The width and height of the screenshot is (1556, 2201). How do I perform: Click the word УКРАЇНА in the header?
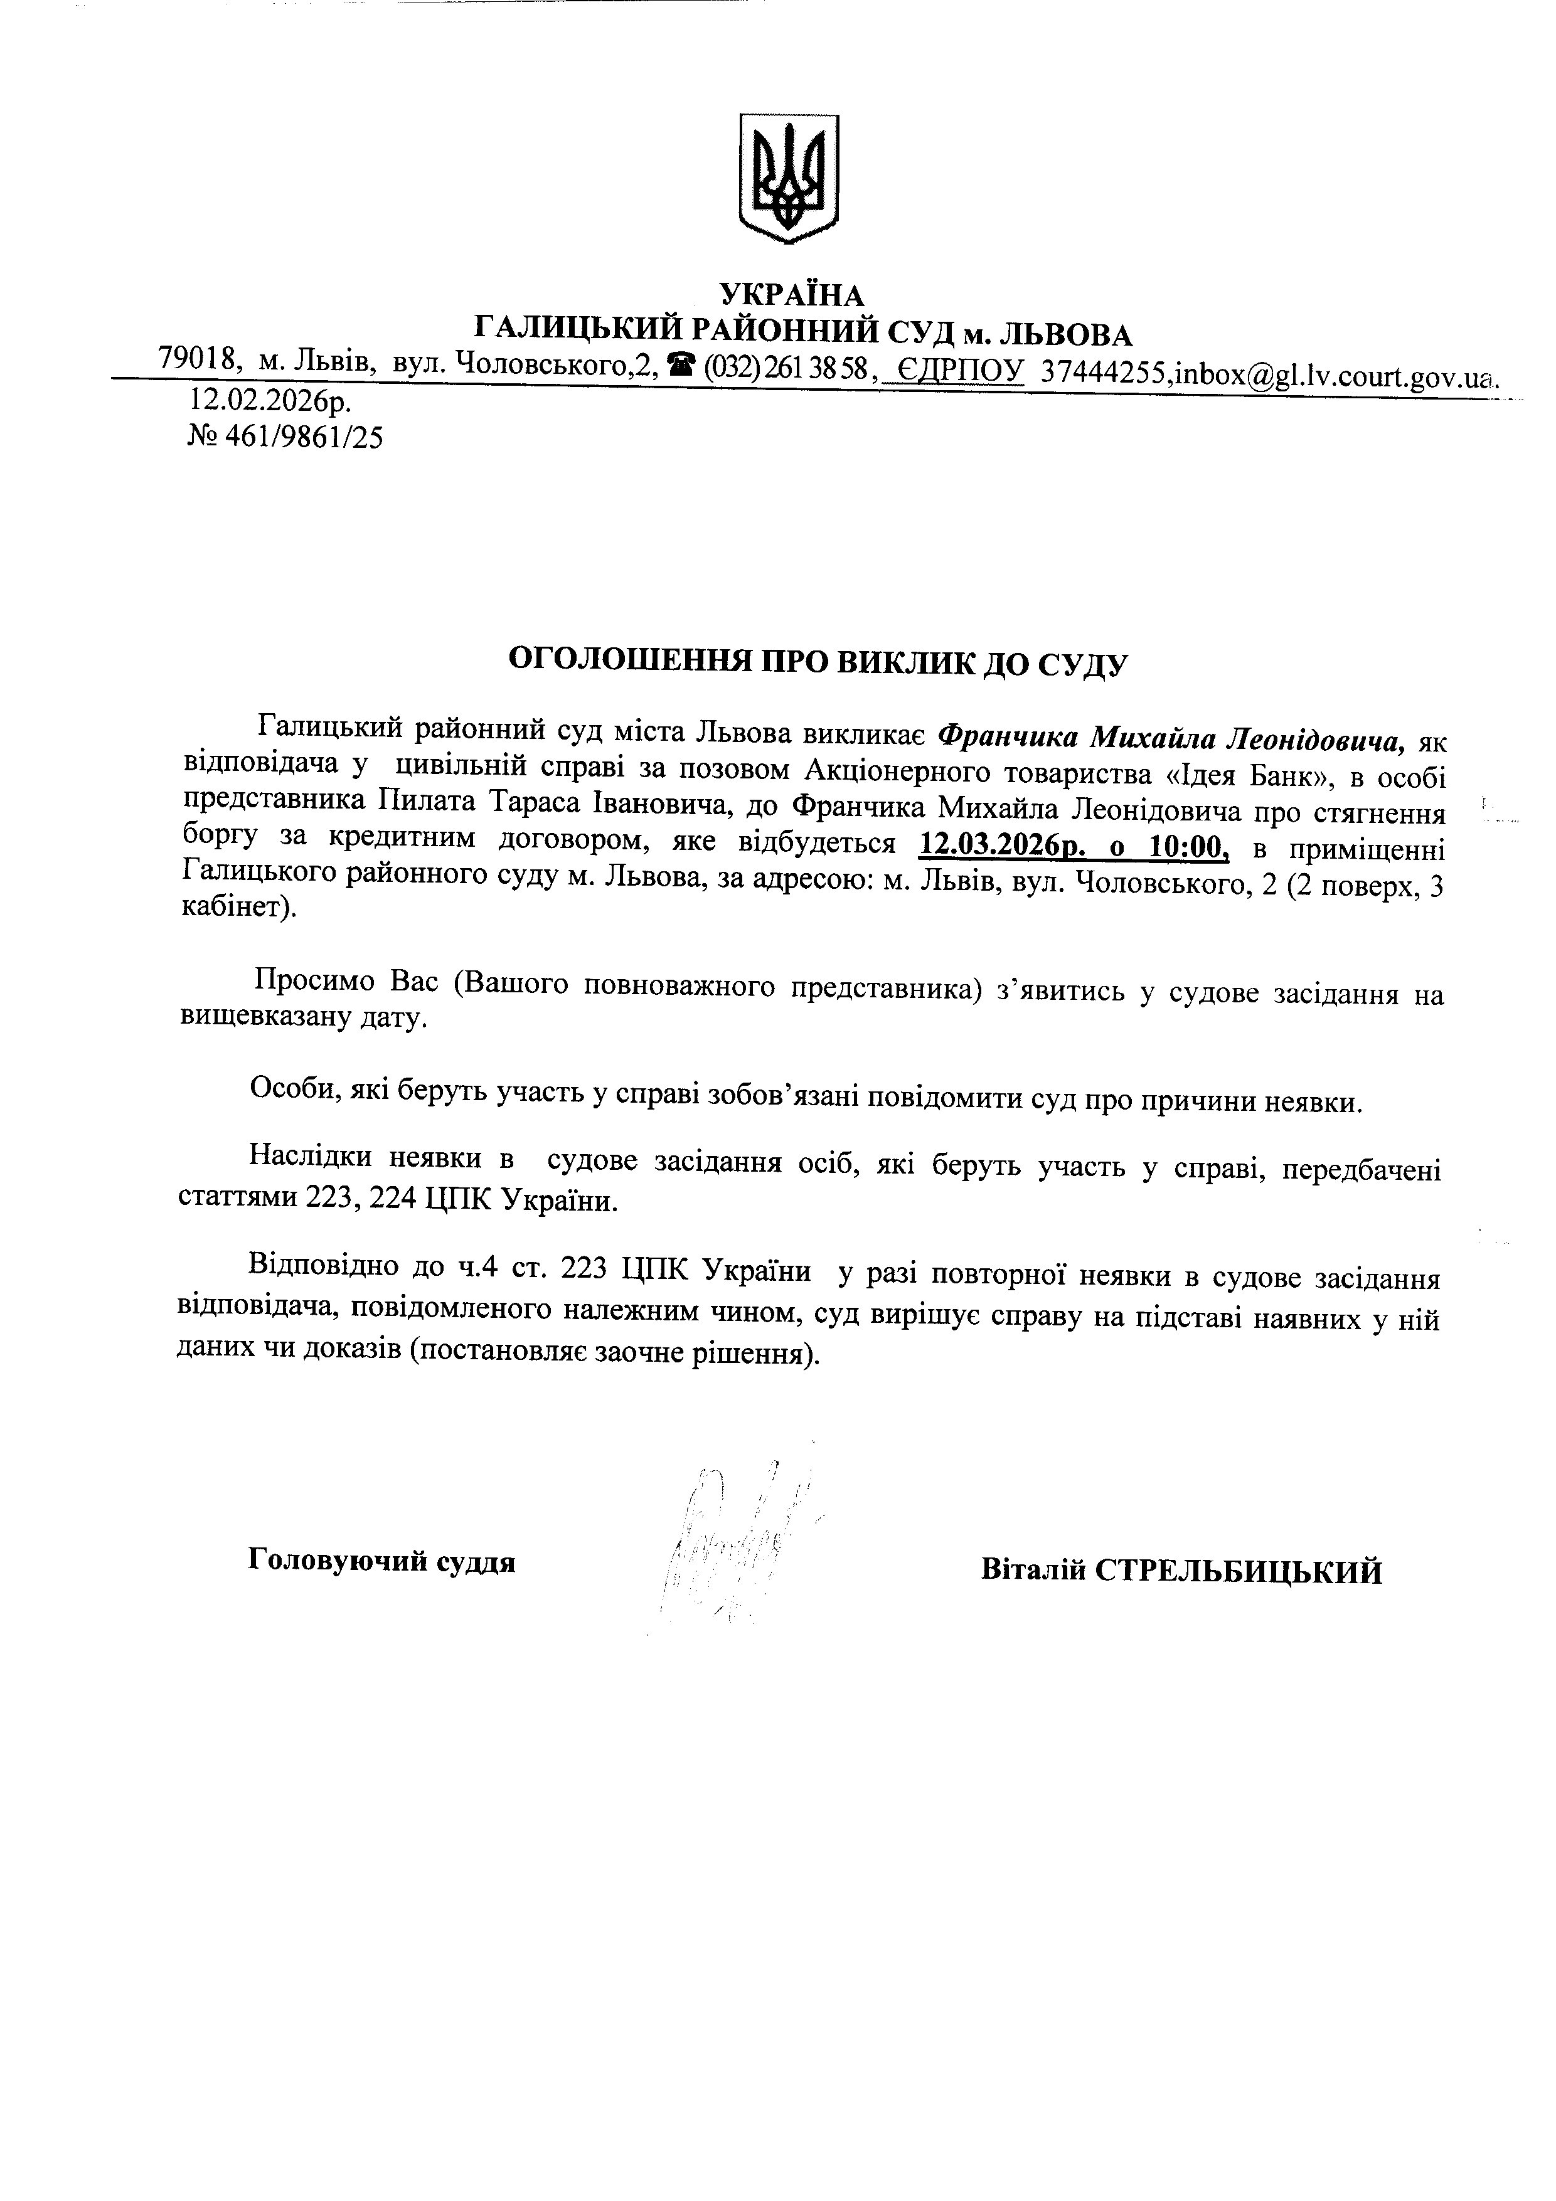(791, 294)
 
